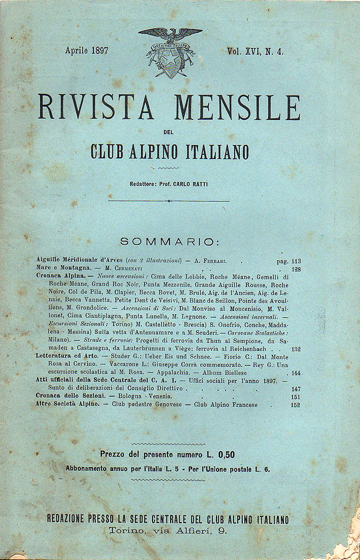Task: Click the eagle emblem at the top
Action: click(170, 52)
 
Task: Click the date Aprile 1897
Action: click(86, 51)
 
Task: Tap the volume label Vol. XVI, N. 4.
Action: click(255, 51)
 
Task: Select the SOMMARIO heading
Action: click(169, 242)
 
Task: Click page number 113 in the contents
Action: click(297, 261)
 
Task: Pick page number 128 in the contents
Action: click(297, 269)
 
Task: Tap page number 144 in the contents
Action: click(297, 373)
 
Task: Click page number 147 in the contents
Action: click(297, 389)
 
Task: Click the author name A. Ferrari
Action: click(215, 261)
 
